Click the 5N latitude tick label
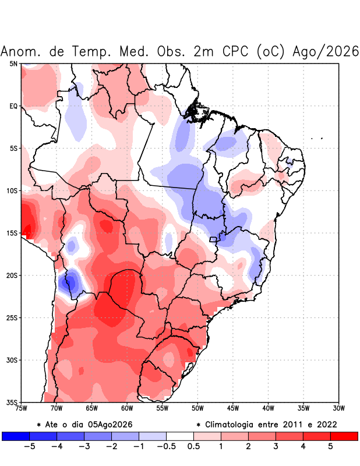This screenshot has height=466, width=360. tap(13, 63)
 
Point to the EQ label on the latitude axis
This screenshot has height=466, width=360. tap(13, 106)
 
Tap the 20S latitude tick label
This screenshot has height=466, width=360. tap(12, 276)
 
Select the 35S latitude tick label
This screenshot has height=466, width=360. tap(12, 403)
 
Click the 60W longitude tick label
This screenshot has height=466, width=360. tap(127, 408)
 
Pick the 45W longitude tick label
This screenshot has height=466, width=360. tap(233, 408)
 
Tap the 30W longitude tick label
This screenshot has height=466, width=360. tap(338, 408)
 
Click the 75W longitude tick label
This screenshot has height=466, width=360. tap(21, 408)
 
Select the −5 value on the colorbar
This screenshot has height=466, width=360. tap(30, 446)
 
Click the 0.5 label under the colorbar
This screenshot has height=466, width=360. tap(193, 446)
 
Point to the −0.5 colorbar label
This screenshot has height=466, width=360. tap(166, 446)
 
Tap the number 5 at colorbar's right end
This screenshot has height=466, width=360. tap(330, 446)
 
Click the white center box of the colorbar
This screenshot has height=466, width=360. tap(180, 436)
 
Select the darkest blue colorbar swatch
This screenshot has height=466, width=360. tap(16, 436)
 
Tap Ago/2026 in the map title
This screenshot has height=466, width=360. tap(326, 51)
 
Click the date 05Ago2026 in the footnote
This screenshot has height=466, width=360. tap(110, 425)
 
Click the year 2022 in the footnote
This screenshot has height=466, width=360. tap(327, 425)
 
